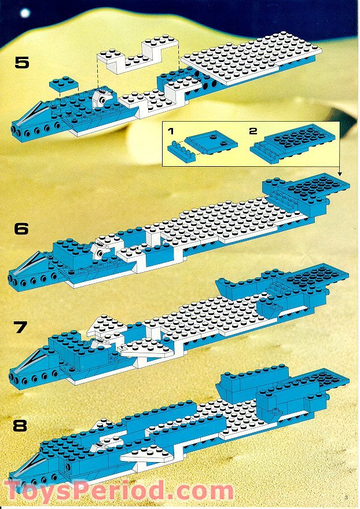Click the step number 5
pos(21,63)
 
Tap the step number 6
pos(21,228)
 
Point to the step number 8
pos(21,427)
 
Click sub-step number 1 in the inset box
pos(171,131)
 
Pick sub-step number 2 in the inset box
pos(253,131)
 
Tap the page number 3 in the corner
pos(346,496)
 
